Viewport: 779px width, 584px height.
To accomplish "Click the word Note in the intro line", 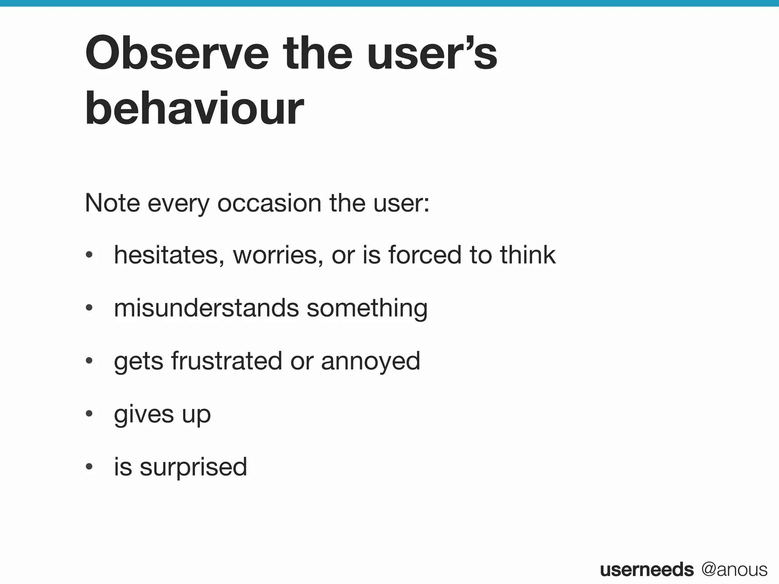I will [112, 203].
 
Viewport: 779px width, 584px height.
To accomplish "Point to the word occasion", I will [269, 203].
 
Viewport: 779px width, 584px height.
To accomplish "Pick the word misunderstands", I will [206, 308].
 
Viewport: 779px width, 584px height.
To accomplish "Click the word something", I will [367, 308].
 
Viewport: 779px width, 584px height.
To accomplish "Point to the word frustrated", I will [226, 361].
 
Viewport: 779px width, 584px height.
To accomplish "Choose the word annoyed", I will [370, 361].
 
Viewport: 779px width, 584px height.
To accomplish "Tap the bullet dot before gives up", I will [89, 414].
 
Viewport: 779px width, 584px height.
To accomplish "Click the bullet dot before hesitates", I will [89, 255].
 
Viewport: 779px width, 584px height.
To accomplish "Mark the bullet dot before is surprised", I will [89, 467].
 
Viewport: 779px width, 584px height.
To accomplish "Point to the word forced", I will [424, 255].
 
